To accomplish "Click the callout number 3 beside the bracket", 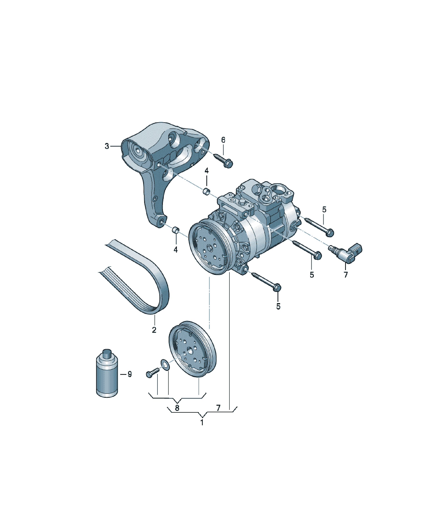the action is click(x=107, y=146).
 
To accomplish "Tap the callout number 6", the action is click(x=223, y=140).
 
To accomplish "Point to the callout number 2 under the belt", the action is click(x=154, y=330).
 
